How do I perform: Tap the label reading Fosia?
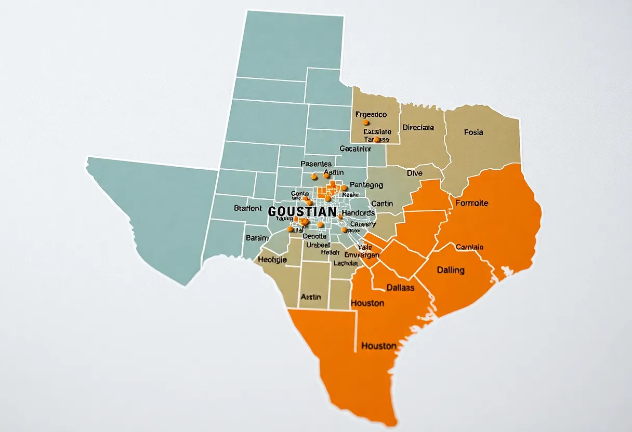point(473,132)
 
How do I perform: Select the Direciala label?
point(418,127)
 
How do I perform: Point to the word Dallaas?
point(400,287)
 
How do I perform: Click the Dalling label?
point(451,270)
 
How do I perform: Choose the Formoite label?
point(471,203)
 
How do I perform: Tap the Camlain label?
point(469,247)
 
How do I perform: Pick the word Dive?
point(414,173)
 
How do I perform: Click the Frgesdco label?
point(371,114)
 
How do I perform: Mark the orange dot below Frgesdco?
point(366,123)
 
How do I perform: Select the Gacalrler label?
point(355,148)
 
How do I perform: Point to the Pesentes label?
point(316,164)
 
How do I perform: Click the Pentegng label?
point(366,184)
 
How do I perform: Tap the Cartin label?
point(382,204)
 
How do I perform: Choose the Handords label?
point(359,213)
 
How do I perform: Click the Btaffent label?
point(248,208)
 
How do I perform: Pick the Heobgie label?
point(272,260)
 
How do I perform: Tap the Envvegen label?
point(362,255)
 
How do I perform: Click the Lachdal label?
point(346,263)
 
